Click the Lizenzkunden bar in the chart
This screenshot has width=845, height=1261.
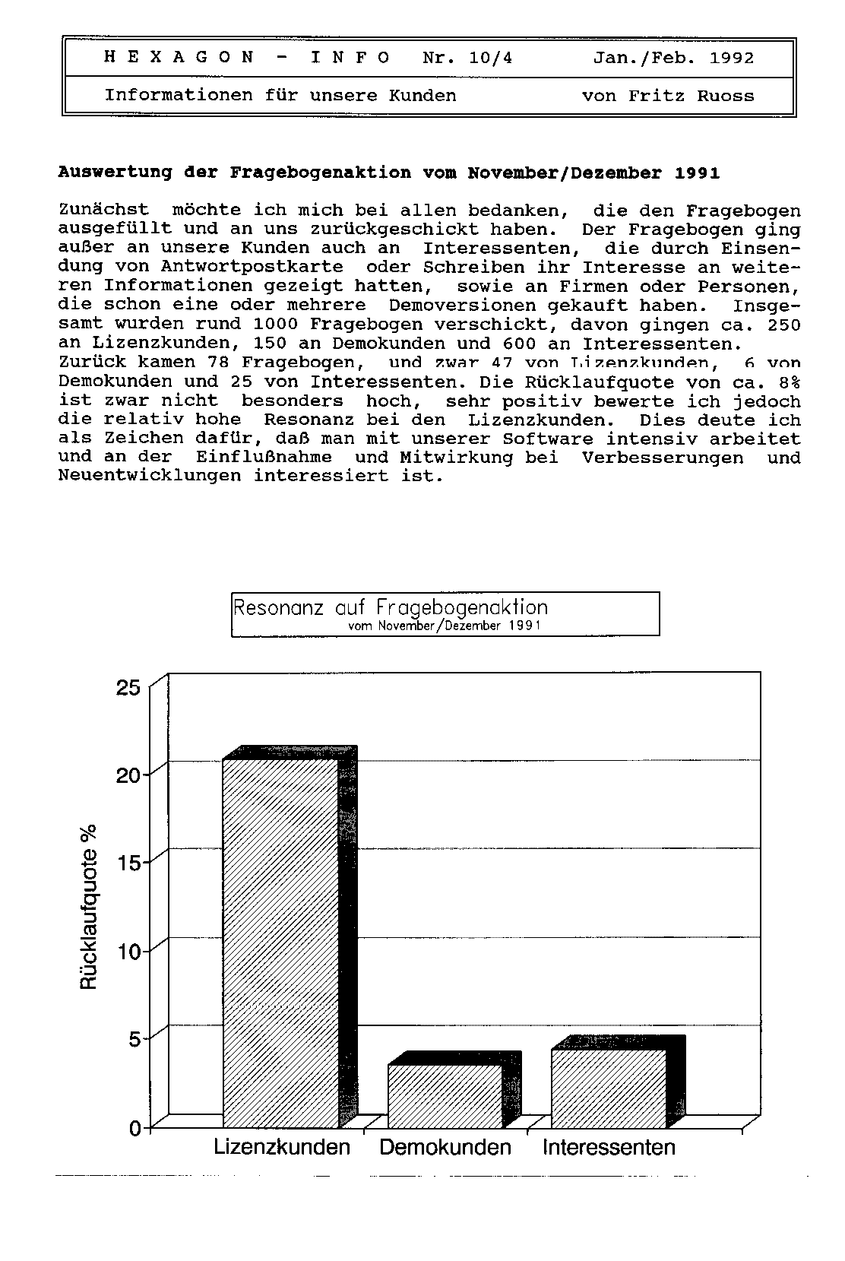point(281,943)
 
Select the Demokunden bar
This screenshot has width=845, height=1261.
point(445,1096)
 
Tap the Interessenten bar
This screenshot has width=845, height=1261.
point(609,1088)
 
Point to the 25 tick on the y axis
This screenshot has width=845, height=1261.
point(128,688)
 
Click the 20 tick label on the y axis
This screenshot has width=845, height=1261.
point(128,776)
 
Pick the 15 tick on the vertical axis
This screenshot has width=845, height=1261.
point(128,863)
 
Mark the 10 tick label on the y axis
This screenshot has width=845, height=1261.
point(128,952)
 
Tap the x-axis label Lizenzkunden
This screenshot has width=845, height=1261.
point(282,1147)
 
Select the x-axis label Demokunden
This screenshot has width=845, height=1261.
point(445,1147)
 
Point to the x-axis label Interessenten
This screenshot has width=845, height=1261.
point(609,1147)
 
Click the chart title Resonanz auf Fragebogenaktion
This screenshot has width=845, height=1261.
point(390,607)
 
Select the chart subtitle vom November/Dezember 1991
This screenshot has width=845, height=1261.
point(444,626)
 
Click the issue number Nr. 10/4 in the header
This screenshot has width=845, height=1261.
point(467,58)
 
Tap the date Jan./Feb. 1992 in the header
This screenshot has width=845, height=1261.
point(673,58)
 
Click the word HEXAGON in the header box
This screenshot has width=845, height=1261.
point(179,58)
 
